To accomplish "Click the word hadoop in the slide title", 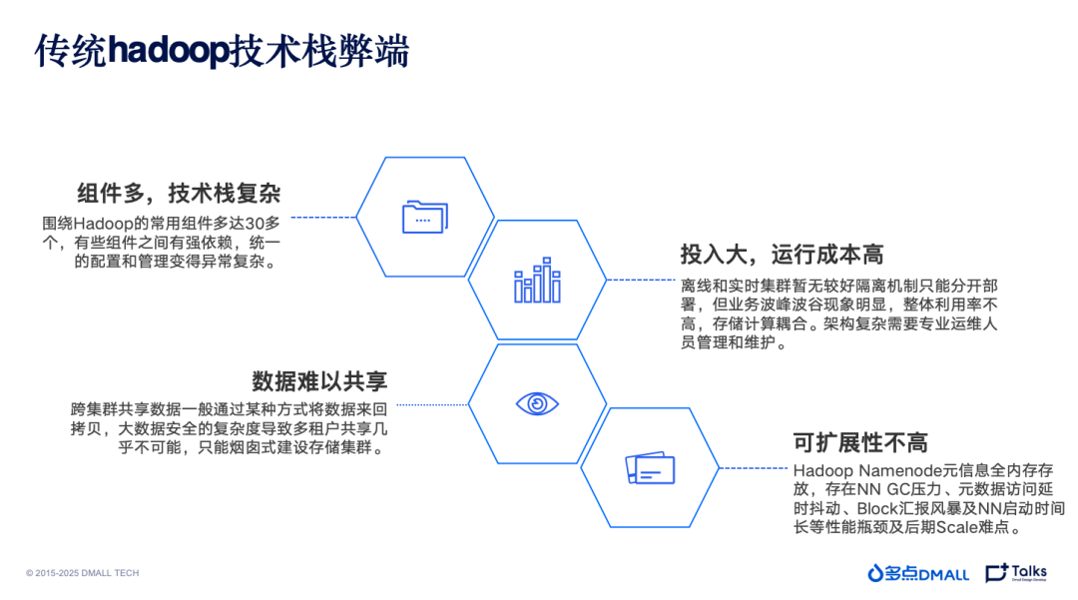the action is coord(169,51).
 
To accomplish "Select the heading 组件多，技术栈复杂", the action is coord(180,193).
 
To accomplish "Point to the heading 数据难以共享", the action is coord(319,380).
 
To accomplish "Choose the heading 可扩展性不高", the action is coord(859,442).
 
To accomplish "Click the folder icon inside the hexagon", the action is coord(425,217).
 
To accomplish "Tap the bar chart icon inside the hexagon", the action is coord(537,281).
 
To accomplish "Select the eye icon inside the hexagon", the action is coord(537,403).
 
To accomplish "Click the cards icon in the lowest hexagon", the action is coord(650,468).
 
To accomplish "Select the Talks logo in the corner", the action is coord(1016,573).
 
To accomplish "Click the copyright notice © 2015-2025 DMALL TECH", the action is coord(83,573).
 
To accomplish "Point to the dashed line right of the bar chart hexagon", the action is coord(641,281).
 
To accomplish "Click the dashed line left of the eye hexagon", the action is coord(429,403).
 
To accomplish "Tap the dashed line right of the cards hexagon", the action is coord(754,467).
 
